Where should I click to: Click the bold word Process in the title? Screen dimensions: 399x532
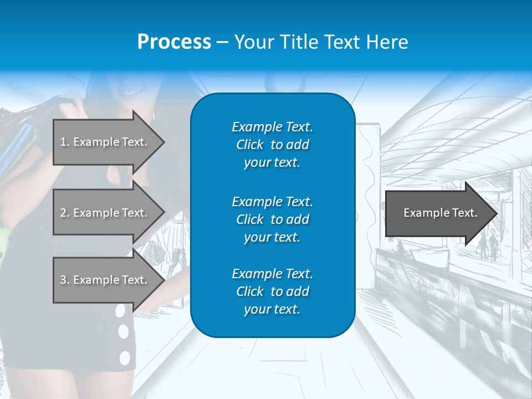point(174,42)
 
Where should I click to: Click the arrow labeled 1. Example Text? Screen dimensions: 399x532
point(105,142)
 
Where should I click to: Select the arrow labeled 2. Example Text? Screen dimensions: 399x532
point(105,213)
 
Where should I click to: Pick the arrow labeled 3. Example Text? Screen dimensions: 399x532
point(105,280)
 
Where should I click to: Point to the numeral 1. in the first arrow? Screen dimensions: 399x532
point(65,142)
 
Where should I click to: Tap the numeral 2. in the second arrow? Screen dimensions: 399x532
point(65,213)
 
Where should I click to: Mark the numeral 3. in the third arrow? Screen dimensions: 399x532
point(65,280)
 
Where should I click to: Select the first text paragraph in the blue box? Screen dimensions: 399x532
point(272,145)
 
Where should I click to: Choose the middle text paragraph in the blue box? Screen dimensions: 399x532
point(272,219)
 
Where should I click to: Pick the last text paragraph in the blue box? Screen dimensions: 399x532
point(272,291)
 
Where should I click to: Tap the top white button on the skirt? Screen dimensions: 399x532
point(120,311)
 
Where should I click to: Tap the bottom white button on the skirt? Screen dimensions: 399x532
point(125,357)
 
